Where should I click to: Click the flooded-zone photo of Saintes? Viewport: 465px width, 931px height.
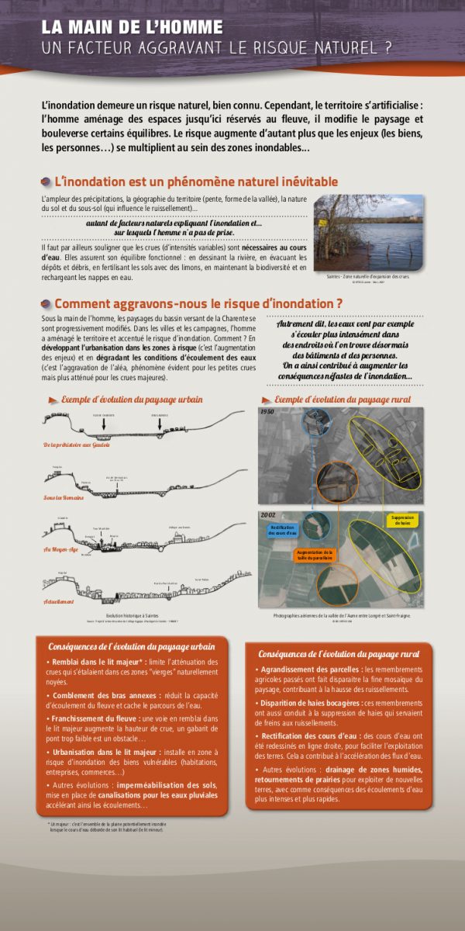tap(367, 232)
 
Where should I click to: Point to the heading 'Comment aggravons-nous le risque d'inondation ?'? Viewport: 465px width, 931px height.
tap(198, 303)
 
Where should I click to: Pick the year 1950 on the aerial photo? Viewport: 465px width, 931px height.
tap(267, 413)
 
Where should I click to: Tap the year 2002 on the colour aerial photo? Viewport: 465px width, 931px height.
tap(269, 515)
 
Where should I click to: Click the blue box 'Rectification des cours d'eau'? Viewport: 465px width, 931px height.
tap(281, 530)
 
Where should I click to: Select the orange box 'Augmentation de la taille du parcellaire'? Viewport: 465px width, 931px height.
tap(314, 555)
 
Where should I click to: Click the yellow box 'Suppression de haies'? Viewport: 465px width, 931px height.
tap(402, 520)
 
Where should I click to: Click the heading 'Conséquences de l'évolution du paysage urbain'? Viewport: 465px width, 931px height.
tap(132, 646)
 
